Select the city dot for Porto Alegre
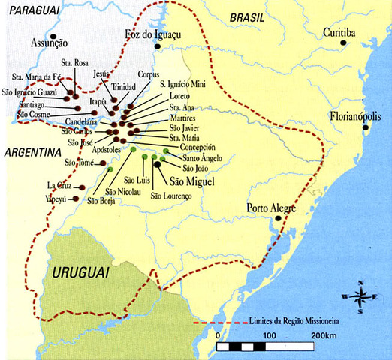click(278, 218)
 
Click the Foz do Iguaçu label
click(153, 34)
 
